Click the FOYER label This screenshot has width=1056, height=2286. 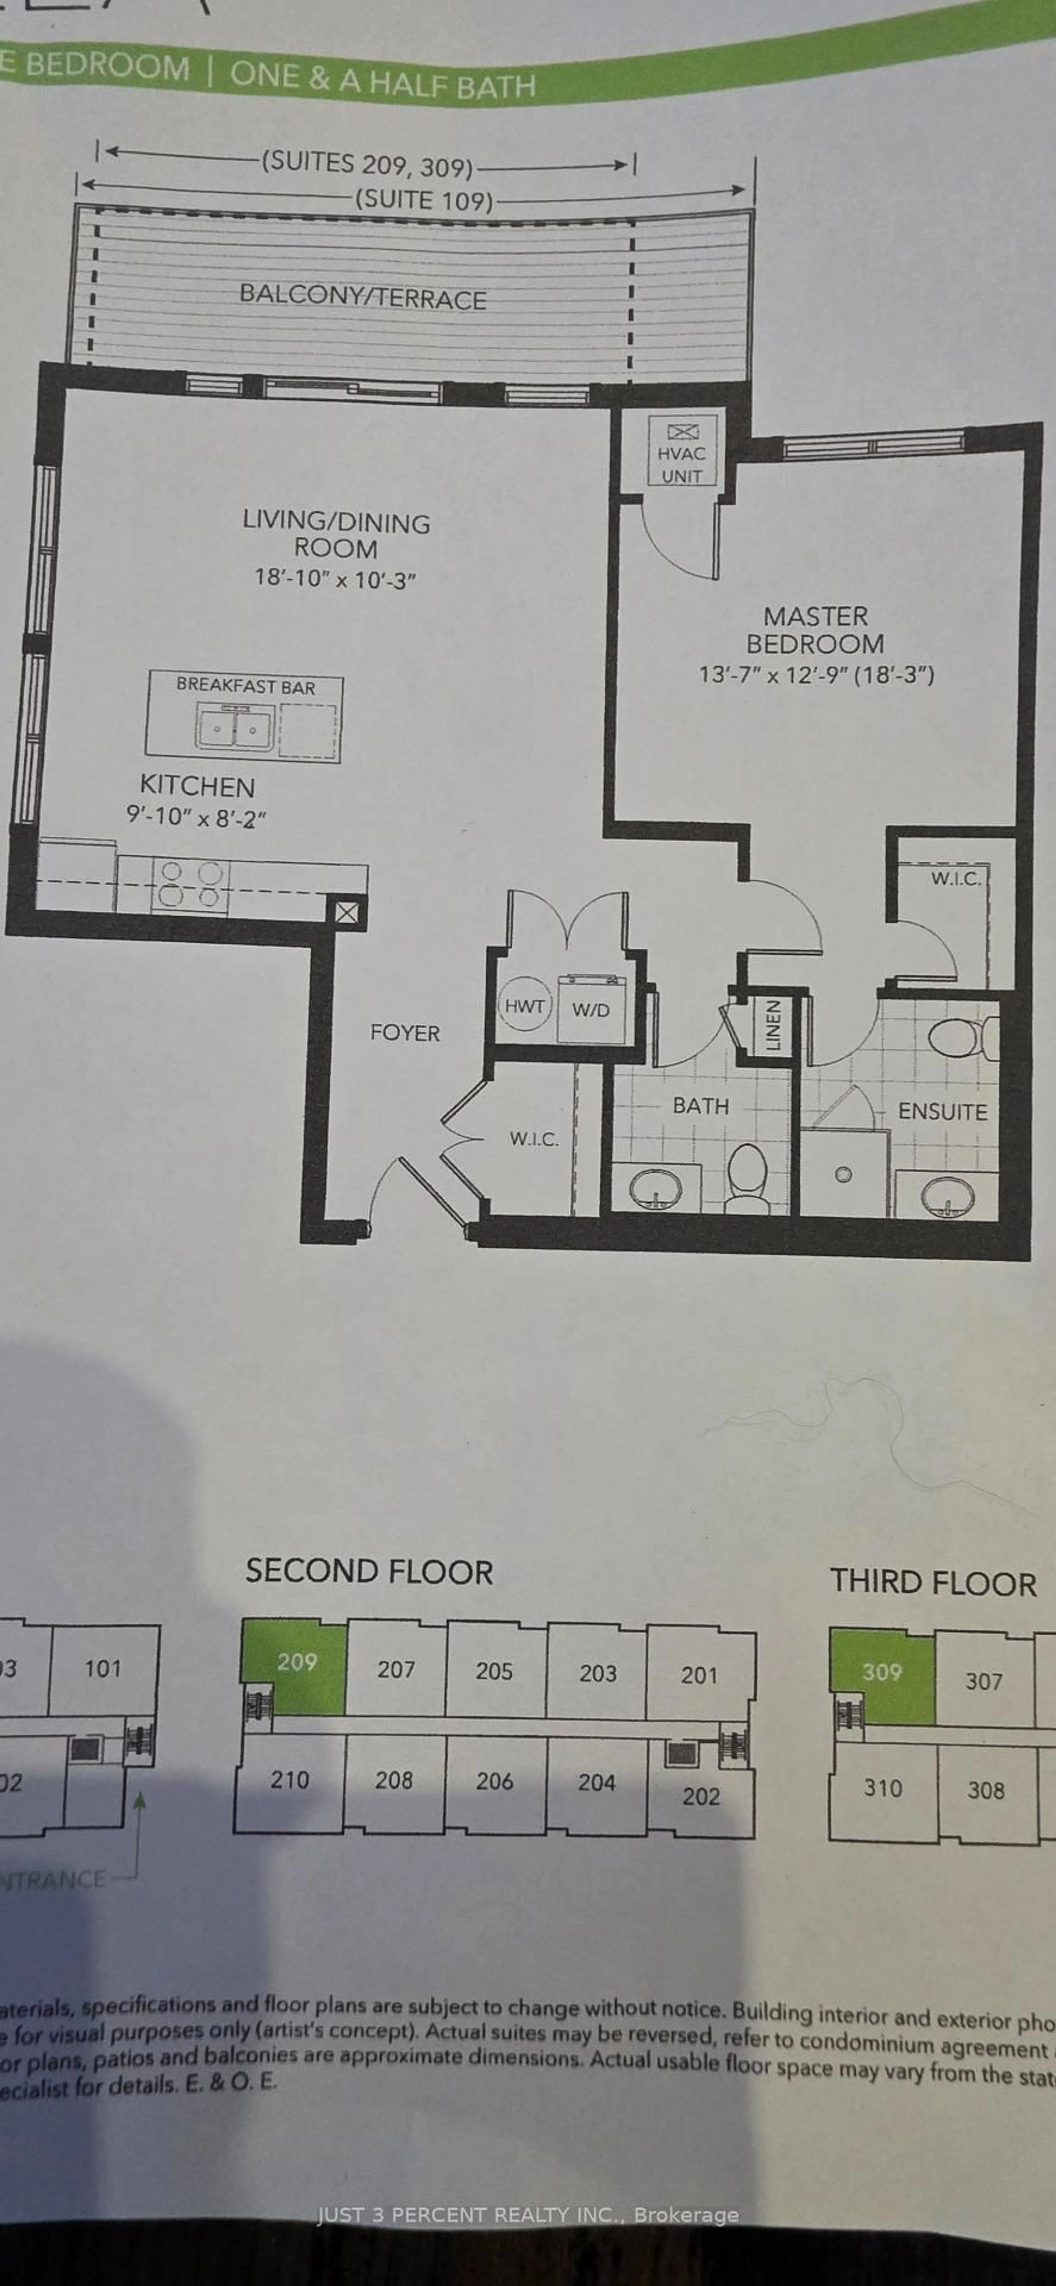pos(405,1033)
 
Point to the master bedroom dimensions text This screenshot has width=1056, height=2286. pos(816,674)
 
